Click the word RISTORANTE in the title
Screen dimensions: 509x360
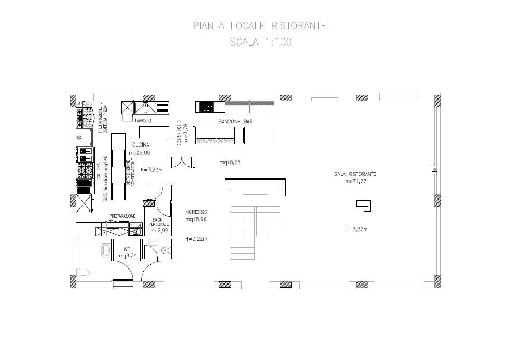click(299, 26)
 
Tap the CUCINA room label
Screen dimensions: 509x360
click(141, 145)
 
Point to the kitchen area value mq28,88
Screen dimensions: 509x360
click(140, 152)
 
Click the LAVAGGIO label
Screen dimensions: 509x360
click(143, 121)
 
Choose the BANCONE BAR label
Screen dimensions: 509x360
click(236, 122)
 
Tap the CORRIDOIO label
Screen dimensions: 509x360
click(179, 133)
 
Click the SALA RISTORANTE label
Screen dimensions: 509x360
click(356, 174)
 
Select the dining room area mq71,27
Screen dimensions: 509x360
click(356, 181)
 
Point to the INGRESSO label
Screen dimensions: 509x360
click(196, 212)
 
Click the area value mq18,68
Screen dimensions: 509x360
click(230, 162)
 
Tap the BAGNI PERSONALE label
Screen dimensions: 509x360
click(159, 222)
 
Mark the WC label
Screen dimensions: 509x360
click(127, 249)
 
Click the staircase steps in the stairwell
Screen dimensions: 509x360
click(256, 224)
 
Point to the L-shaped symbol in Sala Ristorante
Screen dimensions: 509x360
click(364, 205)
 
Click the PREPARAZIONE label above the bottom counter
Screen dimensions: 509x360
click(122, 216)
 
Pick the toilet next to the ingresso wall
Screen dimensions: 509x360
click(166, 250)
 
